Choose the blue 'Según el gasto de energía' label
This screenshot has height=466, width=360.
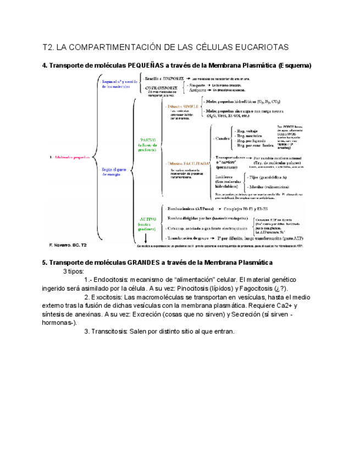114,172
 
